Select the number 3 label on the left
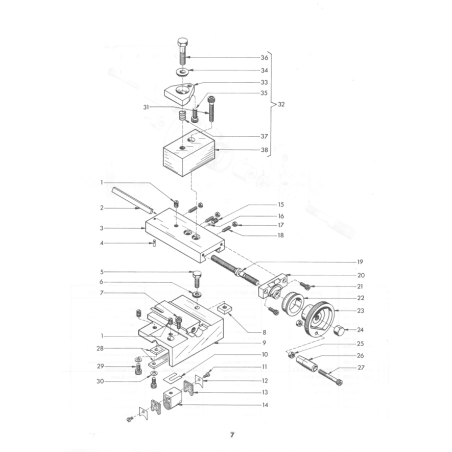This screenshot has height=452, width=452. tap(102, 228)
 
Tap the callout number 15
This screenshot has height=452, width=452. tap(281, 204)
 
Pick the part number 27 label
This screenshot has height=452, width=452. tap(361, 368)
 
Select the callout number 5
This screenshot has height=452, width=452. tap(102, 272)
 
